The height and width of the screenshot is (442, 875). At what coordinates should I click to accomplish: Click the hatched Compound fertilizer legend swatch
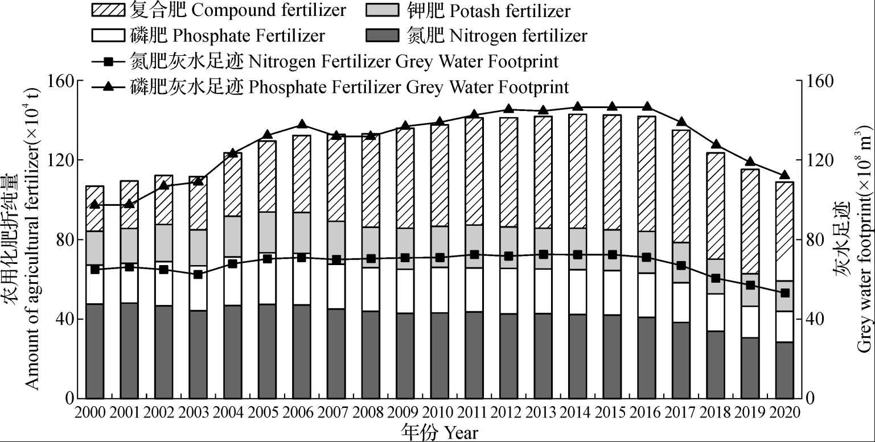click(x=107, y=10)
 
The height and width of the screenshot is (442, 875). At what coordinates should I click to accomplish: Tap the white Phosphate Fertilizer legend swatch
click(x=107, y=36)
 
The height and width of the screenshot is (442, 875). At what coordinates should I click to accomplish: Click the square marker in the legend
click(x=107, y=61)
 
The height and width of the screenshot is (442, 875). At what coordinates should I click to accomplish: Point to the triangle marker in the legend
click(x=107, y=86)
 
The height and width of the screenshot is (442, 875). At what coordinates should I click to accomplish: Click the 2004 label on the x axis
click(x=232, y=412)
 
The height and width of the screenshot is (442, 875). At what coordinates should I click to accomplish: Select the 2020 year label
click(x=784, y=412)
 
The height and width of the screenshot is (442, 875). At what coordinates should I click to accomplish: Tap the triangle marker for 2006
click(x=302, y=125)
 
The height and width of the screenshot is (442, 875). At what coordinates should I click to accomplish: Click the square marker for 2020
click(x=784, y=293)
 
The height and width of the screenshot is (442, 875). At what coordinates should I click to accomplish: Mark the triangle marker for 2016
click(x=647, y=106)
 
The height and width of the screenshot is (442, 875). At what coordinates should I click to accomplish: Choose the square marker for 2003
click(x=198, y=274)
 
